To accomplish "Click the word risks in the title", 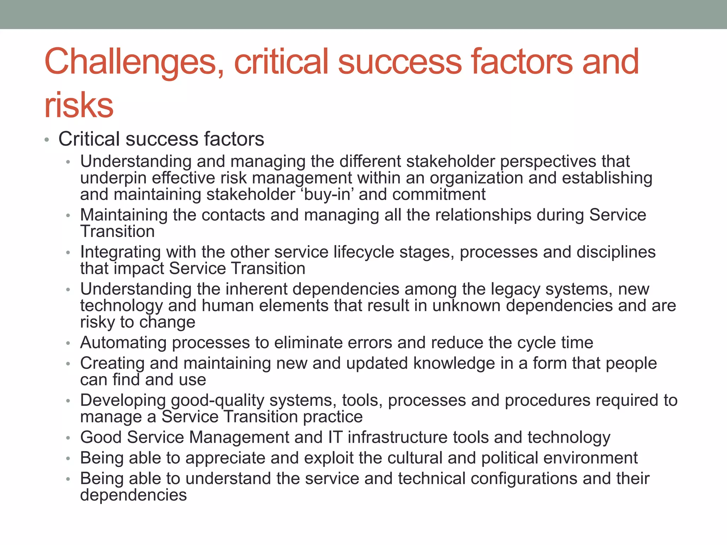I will [78, 105].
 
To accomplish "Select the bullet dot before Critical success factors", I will [47, 140].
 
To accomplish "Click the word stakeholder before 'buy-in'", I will [251, 194].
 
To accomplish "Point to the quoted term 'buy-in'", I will [327, 194].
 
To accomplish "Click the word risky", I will [97, 322].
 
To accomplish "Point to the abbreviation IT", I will [335, 437].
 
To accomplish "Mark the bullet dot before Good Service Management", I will [68, 438].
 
